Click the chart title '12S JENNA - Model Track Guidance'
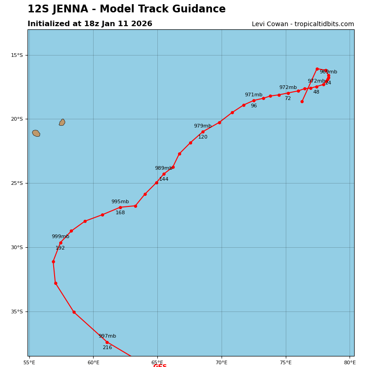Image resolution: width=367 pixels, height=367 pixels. coord(127,9)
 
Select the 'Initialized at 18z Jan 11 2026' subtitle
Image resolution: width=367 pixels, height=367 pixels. coord(90,24)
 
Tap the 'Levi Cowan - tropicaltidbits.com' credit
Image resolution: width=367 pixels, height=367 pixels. coord(303,24)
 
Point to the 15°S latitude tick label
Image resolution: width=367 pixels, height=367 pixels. coord(17,55)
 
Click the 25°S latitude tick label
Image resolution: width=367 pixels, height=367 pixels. coord(17,183)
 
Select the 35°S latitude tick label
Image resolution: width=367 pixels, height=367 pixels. coord(17,312)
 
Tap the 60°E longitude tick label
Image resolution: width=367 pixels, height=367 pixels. coord(93,362)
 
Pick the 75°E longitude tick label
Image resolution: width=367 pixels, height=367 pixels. coord(286,362)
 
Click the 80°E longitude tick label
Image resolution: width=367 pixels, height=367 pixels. coord(350,362)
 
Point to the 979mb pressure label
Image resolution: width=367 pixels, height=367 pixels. coord(203,126)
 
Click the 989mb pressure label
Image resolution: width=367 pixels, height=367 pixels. coord(164,168)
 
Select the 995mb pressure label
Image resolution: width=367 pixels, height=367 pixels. coord(120,202)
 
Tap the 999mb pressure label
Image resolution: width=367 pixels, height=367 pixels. coord(61,237)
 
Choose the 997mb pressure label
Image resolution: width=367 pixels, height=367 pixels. coord(107,336)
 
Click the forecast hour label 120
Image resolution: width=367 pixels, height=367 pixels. coord(203,137)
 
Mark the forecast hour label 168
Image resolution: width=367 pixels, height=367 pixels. coord(120,213)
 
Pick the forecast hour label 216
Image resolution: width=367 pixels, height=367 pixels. coord(107,348)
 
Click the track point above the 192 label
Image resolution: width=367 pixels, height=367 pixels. coord(61,243)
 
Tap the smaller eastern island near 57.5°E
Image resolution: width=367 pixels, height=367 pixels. coord(62,122)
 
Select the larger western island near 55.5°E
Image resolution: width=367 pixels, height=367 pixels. coord(36,133)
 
